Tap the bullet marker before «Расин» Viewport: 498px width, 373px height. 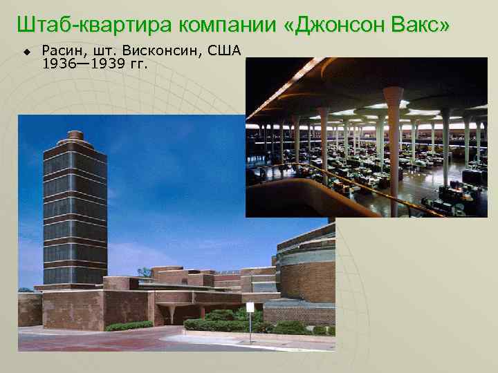tap(27, 52)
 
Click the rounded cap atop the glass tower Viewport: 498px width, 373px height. tap(75, 137)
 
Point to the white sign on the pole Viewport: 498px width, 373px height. tap(250, 307)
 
